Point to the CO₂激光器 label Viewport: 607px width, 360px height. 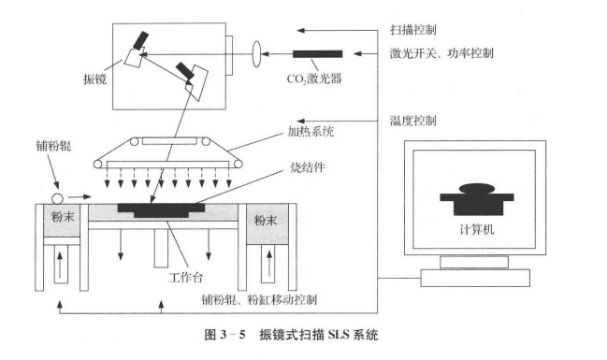coord(316,79)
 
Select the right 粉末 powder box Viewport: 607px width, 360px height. coord(263,220)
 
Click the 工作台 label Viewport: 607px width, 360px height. coord(184,279)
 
